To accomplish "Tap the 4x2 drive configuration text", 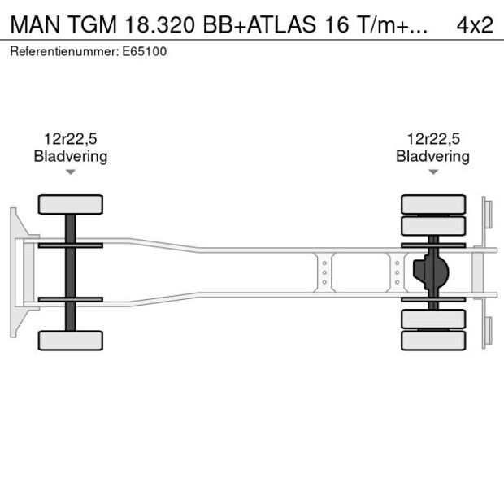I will (x=475, y=24).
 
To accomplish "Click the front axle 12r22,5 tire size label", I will (x=71, y=139).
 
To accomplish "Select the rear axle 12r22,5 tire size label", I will (x=433, y=139).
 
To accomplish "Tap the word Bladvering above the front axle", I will (x=71, y=156).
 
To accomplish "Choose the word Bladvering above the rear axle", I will (x=433, y=156).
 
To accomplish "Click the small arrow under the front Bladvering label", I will (x=71, y=172).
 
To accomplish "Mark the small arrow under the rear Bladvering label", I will (x=433, y=172).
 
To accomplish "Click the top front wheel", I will (x=71, y=204).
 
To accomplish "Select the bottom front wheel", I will (x=71, y=340).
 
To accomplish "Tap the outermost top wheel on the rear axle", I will (x=433, y=203).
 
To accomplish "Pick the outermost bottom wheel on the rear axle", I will (x=433, y=341).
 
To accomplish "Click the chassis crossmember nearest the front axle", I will (x=324, y=272).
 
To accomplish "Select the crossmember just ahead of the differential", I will (x=397, y=272).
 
